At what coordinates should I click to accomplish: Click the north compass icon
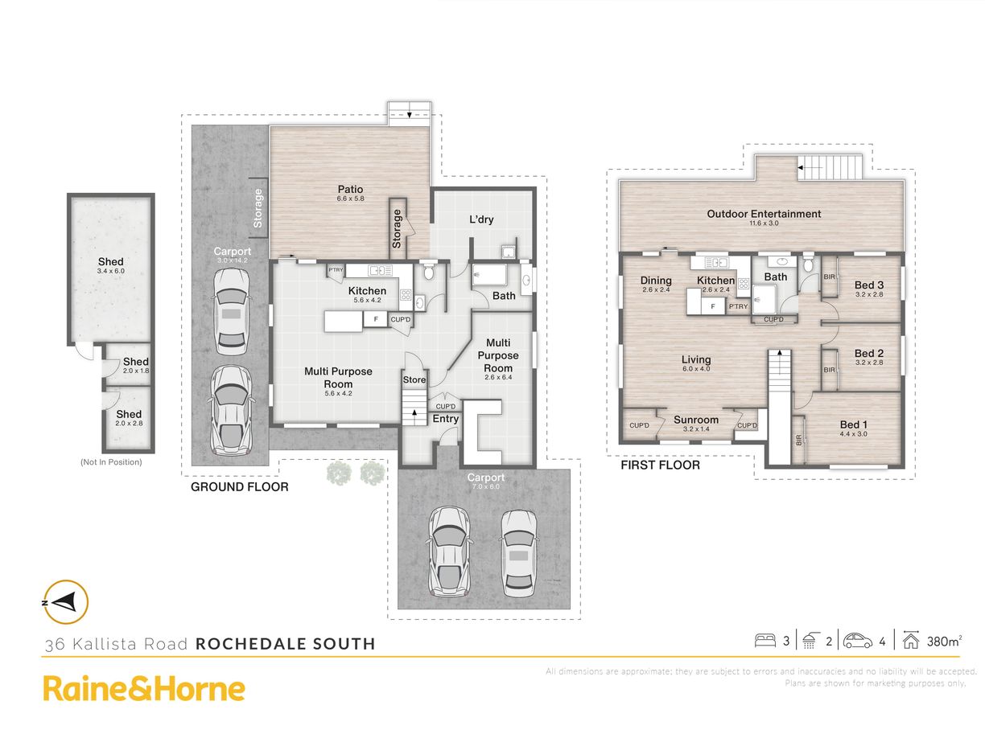tap(65, 601)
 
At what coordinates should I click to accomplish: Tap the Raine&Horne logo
tap(144, 689)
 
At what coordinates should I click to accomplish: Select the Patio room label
tap(350, 190)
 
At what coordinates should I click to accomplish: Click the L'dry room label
tap(481, 219)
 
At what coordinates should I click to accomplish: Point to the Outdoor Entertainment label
tap(764, 214)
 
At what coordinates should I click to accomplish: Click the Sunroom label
tap(696, 420)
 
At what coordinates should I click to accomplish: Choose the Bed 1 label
tap(854, 424)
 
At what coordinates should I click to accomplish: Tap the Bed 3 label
tap(869, 285)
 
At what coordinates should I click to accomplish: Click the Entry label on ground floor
tap(446, 419)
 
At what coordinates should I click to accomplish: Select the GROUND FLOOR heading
tap(239, 487)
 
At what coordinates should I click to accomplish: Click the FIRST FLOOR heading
tap(660, 465)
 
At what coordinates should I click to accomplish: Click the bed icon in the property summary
tap(765, 641)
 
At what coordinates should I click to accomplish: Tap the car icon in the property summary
tap(858, 641)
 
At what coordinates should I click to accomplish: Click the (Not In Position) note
tap(111, 462)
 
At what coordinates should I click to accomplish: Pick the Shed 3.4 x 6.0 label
tap(111, 262)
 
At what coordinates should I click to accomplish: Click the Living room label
tap(696, 360)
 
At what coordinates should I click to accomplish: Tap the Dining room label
tap(656, 281)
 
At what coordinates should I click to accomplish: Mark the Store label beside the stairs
tap(414, 379)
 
